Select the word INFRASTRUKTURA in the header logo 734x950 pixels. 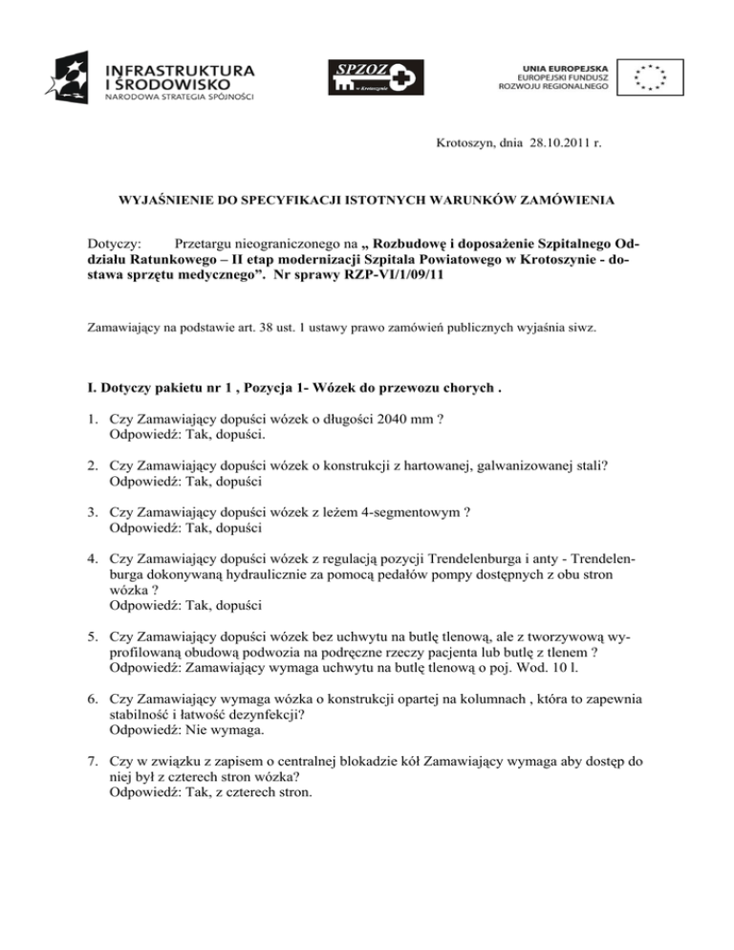coord(179,70)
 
